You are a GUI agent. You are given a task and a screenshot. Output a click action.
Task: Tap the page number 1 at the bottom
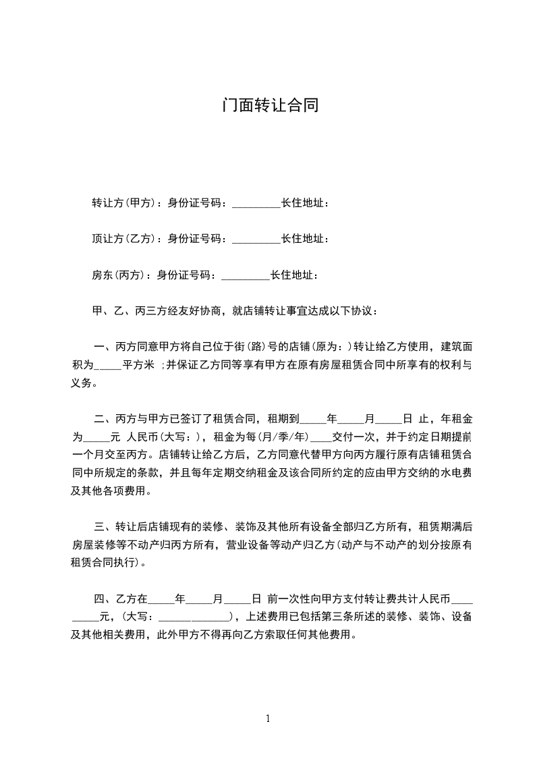[268, 718]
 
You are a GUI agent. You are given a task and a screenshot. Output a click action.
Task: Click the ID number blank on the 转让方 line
[256, 204]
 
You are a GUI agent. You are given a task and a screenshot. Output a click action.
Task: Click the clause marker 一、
[105, 347]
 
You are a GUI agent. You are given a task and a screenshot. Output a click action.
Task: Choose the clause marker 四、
[105, 598]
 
